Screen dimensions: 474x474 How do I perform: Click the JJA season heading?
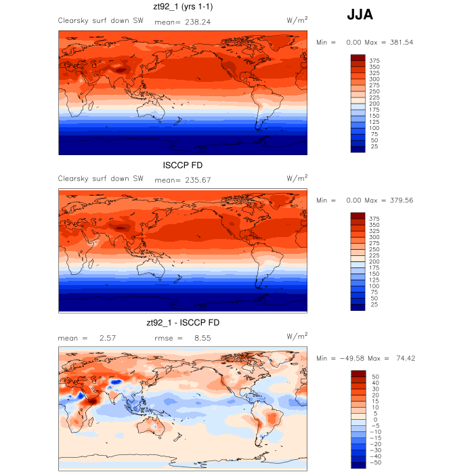coord(359,14)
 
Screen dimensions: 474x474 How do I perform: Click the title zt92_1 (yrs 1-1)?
coord(184,7)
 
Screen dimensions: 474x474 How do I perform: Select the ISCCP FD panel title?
coord(183,166)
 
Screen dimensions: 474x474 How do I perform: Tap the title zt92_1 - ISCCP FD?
coord(183,323)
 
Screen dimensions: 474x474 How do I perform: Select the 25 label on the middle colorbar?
coord(373,305)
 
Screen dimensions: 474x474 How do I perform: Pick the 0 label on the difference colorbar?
coord(374,419)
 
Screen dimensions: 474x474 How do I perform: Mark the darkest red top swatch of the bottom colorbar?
coord(358,374)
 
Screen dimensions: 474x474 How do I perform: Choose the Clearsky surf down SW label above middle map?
coord(101,179)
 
